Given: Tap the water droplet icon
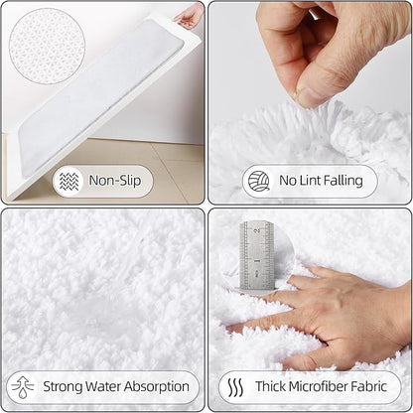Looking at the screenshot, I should pyautogui.click(x=23, y=386).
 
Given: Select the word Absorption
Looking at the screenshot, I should pyautogui.click(x=156, y=386).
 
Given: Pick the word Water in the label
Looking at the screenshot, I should pyautogui.click(x=109, y=386).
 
